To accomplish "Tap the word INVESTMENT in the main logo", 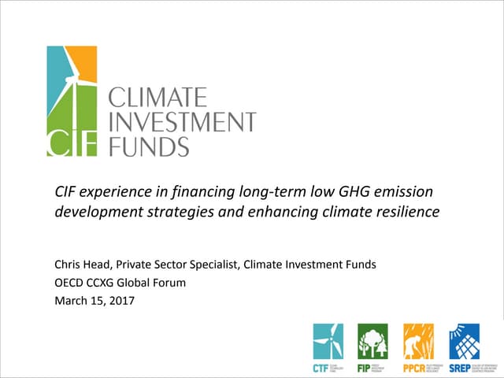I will (x=181, y=123).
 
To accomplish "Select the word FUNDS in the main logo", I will (x=148, y=146).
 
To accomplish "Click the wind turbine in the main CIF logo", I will (x=77, y=98).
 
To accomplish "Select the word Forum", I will (x=169, y=281).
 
